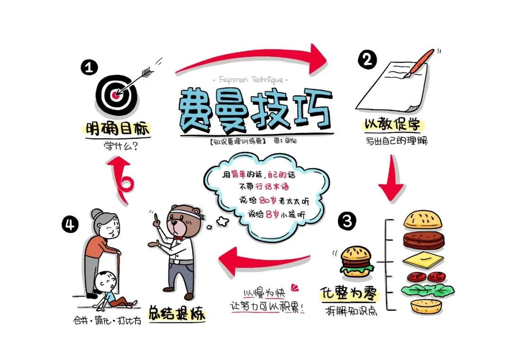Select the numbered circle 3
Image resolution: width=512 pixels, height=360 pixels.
tap(347, 221)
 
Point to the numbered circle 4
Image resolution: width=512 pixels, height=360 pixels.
tap(70, 223)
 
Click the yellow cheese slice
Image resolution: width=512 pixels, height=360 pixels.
tap(423, 259)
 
